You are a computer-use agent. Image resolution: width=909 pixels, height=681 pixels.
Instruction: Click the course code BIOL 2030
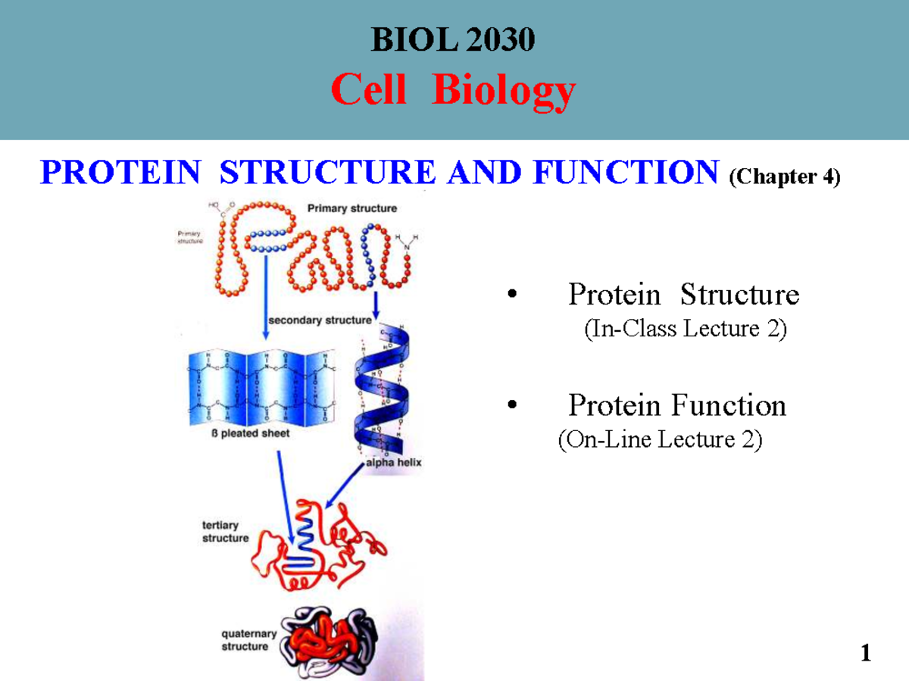[453, 40]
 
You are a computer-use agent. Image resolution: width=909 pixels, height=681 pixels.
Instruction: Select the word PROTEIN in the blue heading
[120, 173]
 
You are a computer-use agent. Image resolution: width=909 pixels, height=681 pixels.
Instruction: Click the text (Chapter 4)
[784, 176]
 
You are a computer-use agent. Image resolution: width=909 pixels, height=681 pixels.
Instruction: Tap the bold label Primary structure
[351, 208]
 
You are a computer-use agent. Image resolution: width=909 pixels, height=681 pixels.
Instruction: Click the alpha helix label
[394, 461]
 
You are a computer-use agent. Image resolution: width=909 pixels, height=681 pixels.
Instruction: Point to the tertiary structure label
[225, 531]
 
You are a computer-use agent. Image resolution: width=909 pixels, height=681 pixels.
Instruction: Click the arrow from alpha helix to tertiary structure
[345, 486]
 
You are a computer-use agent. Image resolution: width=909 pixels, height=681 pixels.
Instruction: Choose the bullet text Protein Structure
[683, 294]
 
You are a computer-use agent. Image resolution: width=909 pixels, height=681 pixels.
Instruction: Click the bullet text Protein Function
[677, 406]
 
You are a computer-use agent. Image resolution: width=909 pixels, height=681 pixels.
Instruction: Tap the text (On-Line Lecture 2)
[660, 439]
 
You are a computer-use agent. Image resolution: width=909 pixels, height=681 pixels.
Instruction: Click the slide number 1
[865, 654]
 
